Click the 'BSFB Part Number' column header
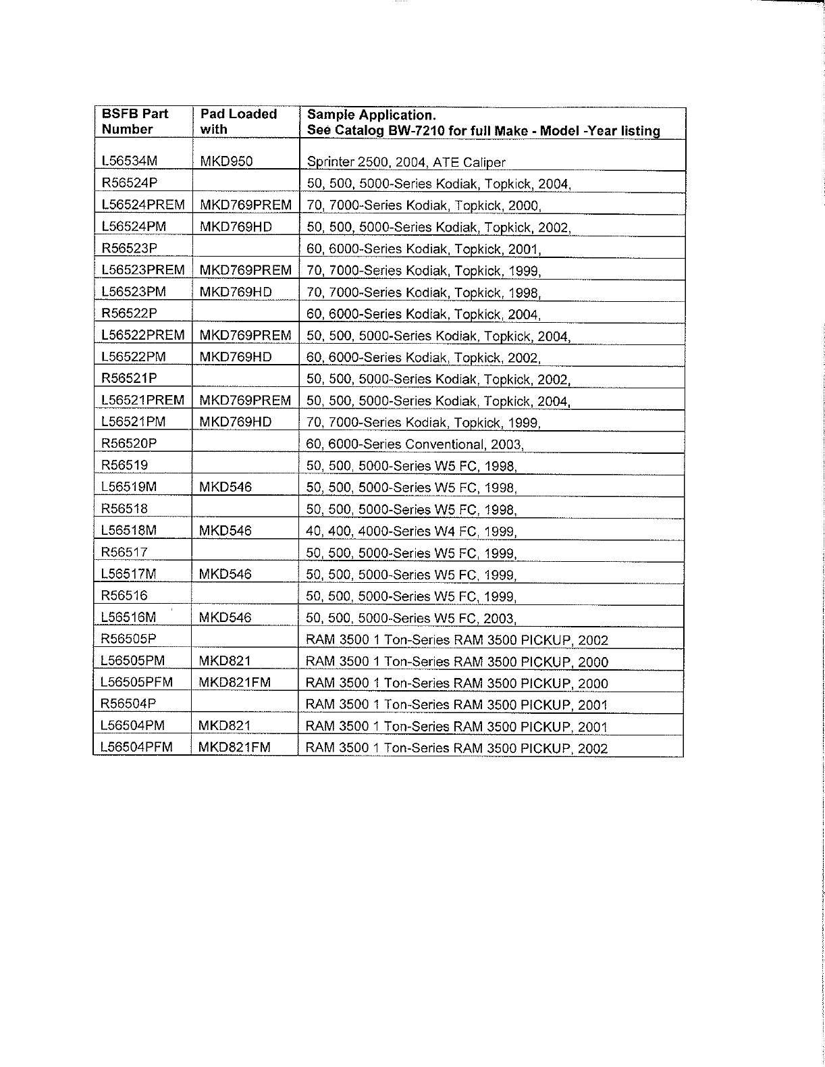click(135, 122)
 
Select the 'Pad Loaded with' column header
click(238, 122)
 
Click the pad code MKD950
click(226, 161)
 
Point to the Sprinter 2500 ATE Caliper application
click(406, 162)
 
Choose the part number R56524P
click(130, 183)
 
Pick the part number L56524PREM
click(142, 205)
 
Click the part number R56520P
click(130, 443)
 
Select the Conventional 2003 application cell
click(415, 444)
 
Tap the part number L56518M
click(128, 530)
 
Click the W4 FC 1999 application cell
click(412, 531)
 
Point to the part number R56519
click(124, 465)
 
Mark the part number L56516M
click(128, 617)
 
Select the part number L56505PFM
click(136, 682)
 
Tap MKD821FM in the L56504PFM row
click(234, 747)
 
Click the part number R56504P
click(128, 704)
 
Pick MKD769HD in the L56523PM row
click(236, 292)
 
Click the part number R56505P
click(128, 639)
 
